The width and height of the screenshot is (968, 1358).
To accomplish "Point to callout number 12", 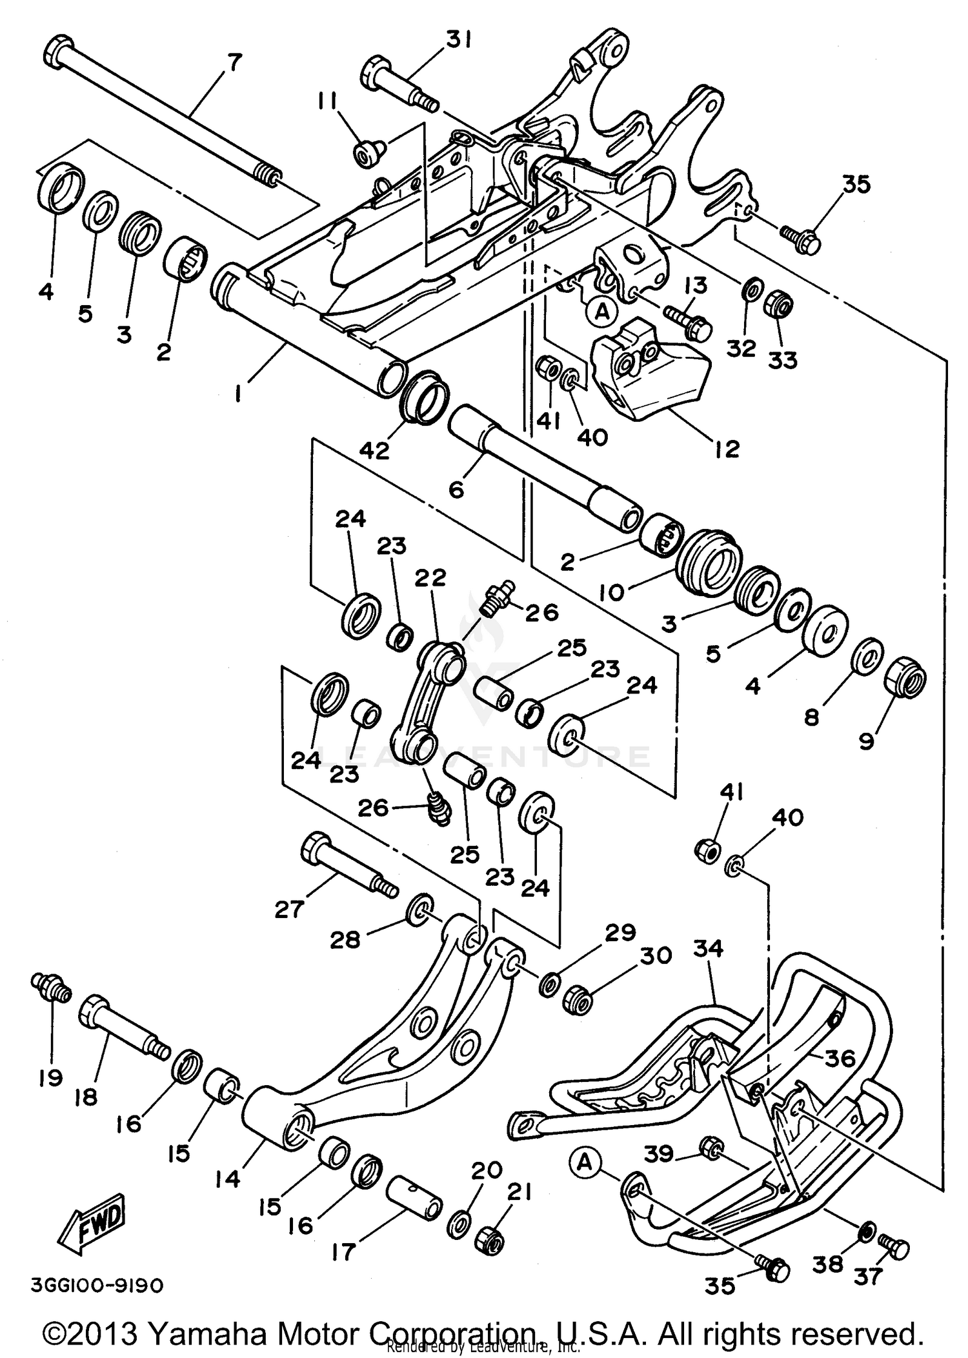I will coord(727,449).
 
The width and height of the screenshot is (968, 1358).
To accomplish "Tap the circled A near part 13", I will coord(601,312).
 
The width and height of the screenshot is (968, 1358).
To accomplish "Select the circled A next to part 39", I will coord(584,1162).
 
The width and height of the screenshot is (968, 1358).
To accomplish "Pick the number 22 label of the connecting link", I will coord(430,577).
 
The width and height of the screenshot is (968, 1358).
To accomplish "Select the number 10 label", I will coord(612,592).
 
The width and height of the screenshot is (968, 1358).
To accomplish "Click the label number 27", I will coord(288,910).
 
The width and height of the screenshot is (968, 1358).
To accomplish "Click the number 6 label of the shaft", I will coord(456,490).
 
